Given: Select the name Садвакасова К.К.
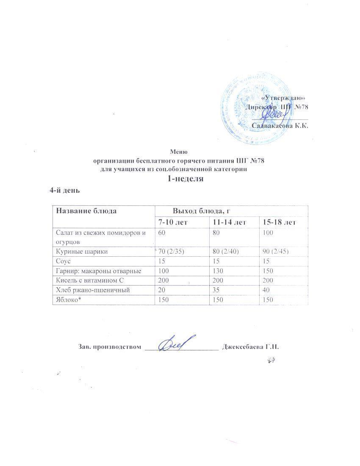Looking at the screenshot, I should tap(280, 125).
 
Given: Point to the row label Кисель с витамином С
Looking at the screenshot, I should tap(88, 280).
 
